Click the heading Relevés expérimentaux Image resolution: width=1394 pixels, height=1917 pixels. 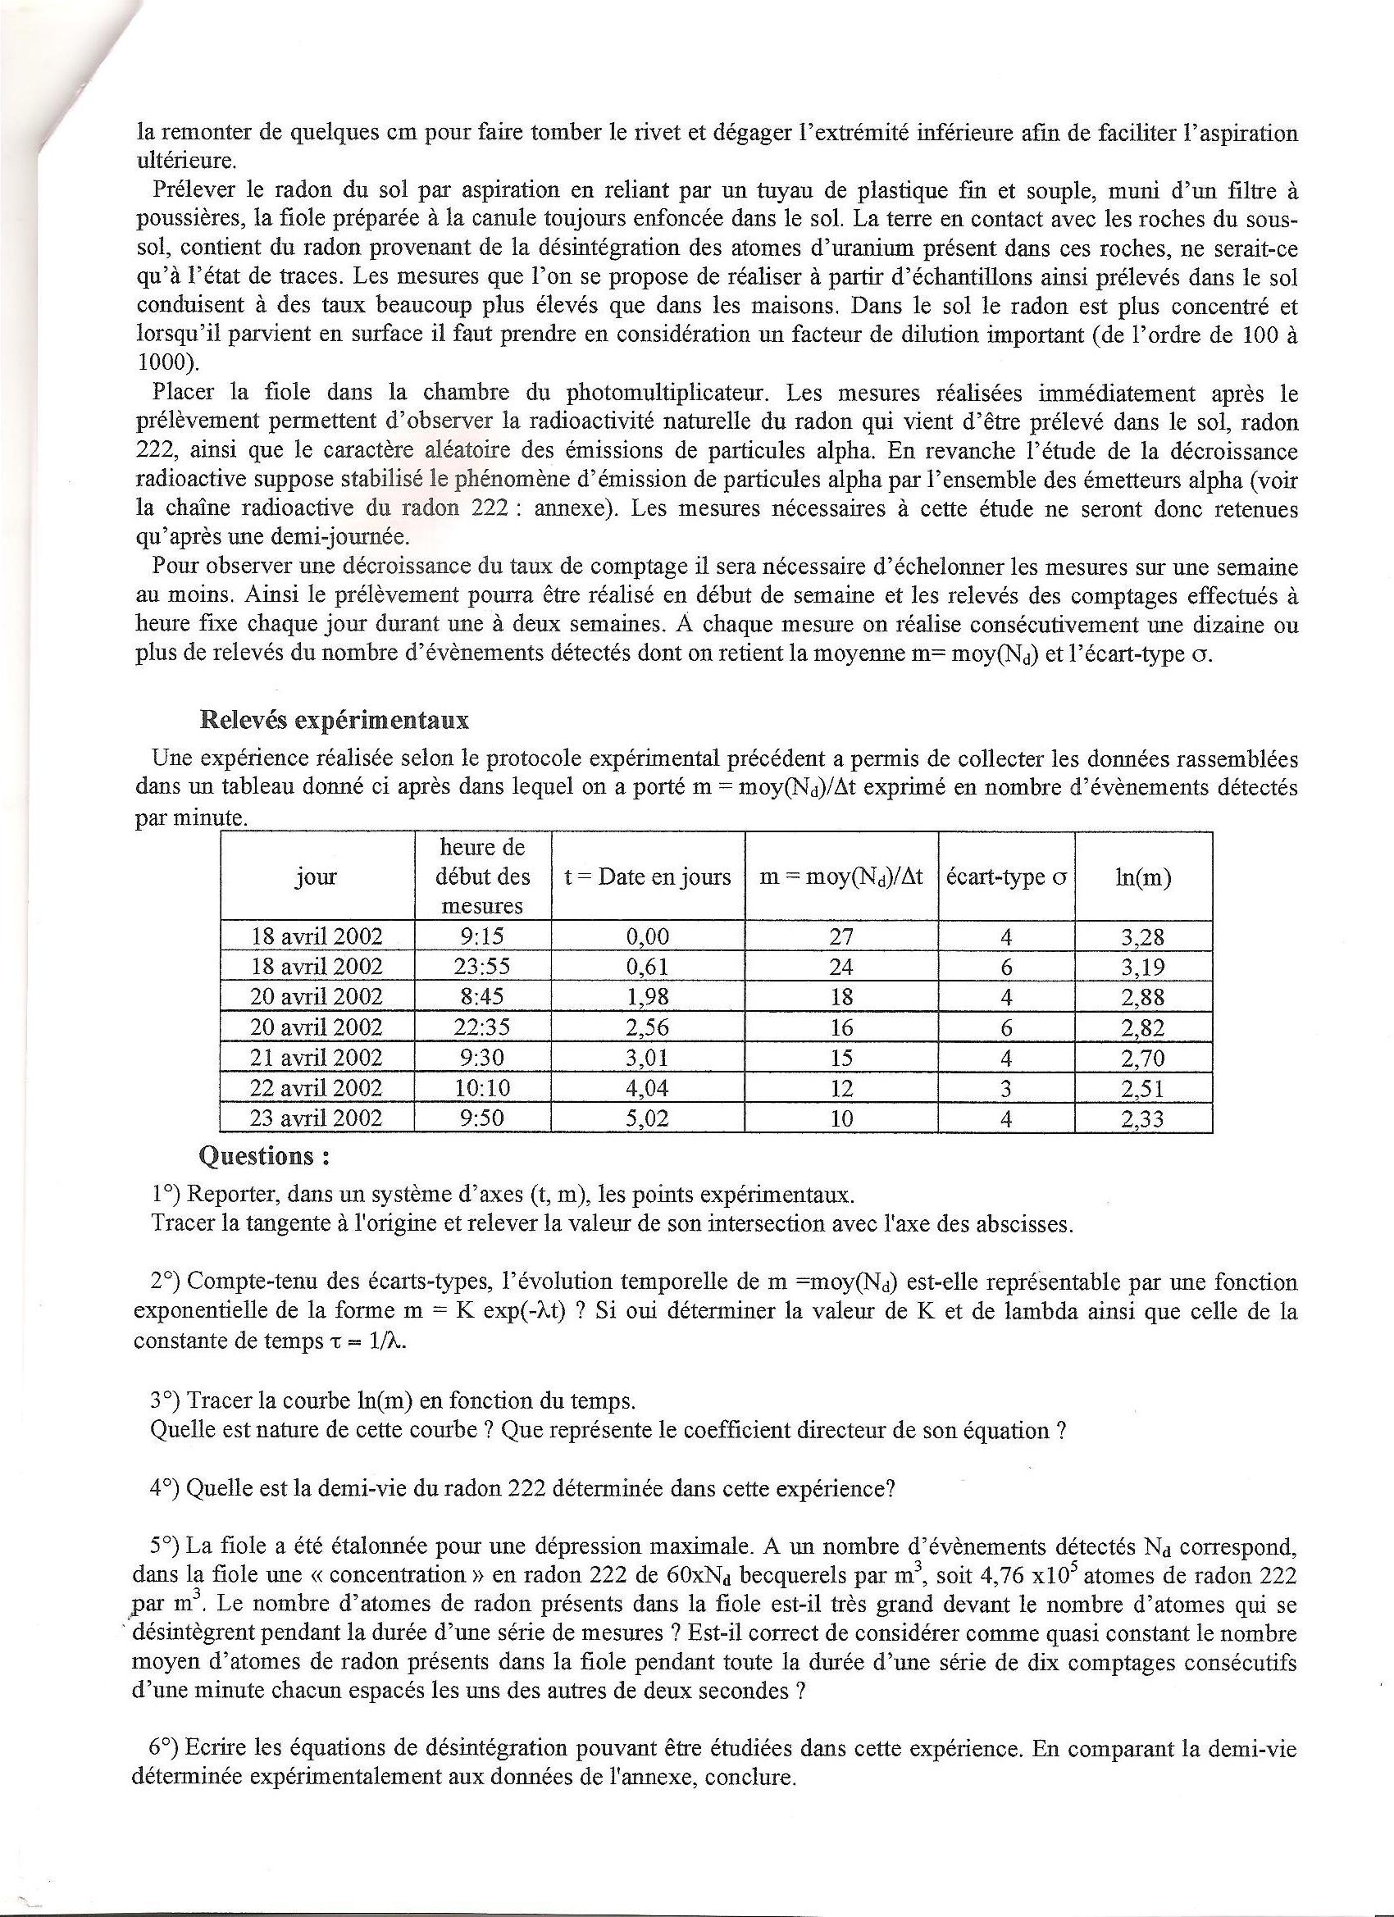[334, 720]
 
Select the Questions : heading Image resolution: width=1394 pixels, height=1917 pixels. [264, 1155]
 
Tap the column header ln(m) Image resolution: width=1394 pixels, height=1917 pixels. [1143, 877]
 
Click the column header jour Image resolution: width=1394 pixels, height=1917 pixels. [317, 877]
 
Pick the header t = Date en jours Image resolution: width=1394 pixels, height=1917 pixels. [648, 877]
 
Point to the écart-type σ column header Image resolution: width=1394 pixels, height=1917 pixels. [1006, 877]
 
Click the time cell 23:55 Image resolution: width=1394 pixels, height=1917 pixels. [482, 967]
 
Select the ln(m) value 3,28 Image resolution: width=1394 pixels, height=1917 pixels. [1143, 937]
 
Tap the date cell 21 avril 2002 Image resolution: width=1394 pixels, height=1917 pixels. [317, 1059]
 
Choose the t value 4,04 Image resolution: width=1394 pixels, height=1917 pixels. [648, 1089]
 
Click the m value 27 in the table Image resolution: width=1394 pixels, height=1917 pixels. [841, 937]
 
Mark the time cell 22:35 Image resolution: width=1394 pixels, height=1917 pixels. [482, 1028]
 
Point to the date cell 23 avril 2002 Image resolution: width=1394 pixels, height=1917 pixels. [317, 1119]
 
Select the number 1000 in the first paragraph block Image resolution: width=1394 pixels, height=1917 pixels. [162, 362]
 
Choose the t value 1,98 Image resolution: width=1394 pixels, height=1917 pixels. [648, 997]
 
